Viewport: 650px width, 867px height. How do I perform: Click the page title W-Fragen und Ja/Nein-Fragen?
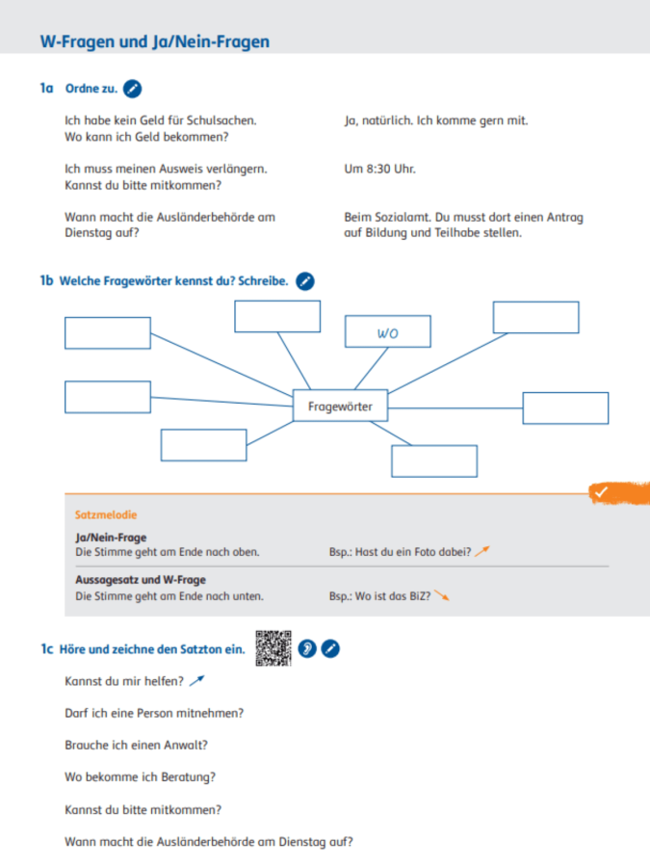(155, 41)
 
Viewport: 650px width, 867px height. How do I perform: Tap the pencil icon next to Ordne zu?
(133, 89)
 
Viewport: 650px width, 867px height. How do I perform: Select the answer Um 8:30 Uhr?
(379, 169)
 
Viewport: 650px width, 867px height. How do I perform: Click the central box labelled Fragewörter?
(340, 407)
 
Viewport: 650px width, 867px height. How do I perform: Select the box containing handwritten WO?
(387, 332)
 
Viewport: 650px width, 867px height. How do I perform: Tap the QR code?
(273, 647)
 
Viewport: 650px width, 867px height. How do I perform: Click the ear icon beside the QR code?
(306, 648)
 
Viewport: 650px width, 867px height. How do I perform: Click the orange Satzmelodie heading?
(106, 515)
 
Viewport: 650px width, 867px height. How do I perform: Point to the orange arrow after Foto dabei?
(482, 551)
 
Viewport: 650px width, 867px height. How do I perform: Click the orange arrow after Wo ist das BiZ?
(442, 595)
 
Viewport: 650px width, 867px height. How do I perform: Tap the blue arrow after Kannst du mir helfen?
(197, 681)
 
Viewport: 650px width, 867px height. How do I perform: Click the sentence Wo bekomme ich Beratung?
(140, 776)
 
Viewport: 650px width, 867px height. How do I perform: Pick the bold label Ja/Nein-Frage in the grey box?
(111, 538)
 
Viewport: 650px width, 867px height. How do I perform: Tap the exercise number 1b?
(46, 281)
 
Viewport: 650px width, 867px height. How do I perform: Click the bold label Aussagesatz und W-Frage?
(141, 581)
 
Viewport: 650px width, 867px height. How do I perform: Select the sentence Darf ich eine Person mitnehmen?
(154, 713)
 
